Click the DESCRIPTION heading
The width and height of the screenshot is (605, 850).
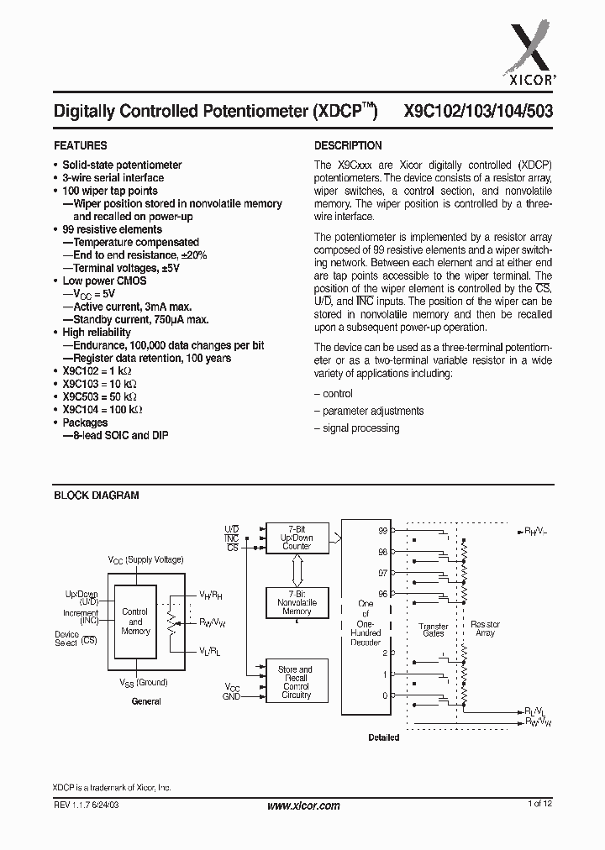348,145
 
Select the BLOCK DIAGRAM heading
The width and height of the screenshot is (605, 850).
96,496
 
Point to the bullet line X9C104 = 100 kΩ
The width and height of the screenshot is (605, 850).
102,410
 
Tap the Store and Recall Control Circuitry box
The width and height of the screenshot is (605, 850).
295,683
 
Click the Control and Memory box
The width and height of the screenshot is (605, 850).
135,622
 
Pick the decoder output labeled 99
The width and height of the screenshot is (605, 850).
383,532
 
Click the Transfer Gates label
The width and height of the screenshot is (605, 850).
433,630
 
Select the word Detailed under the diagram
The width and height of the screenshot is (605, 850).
383,737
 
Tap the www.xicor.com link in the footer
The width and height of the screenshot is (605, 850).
303,805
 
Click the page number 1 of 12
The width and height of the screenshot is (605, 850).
539,805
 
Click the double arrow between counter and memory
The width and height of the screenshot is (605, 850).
296,571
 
